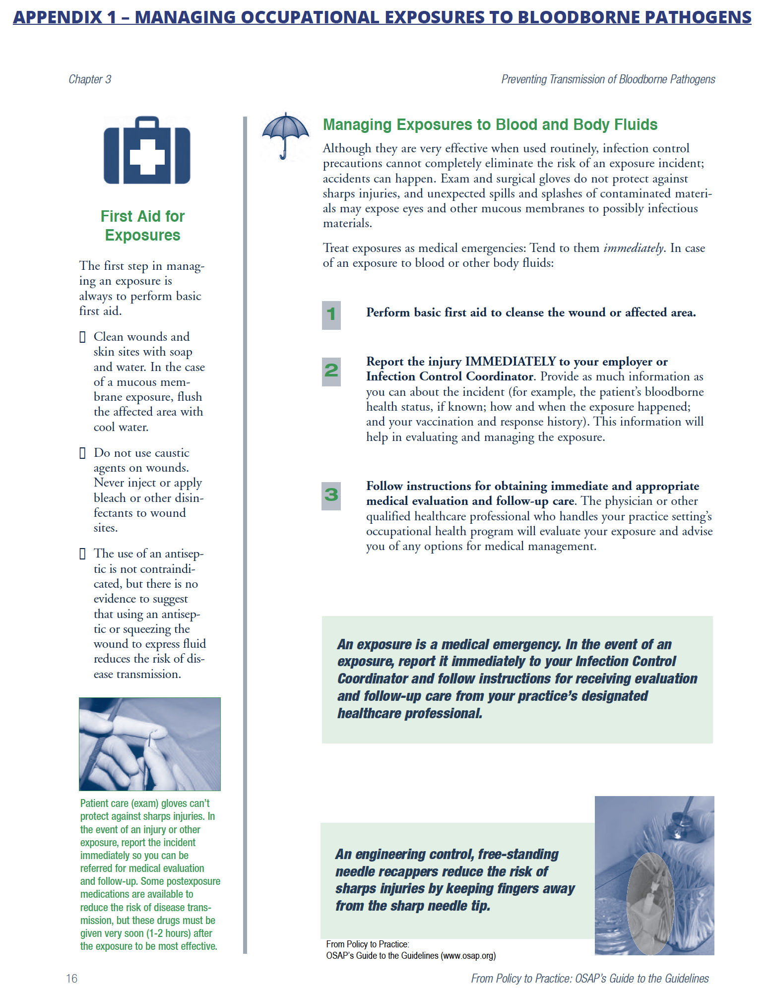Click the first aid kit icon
(147, 150)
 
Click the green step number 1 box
(331, 314)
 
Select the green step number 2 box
(331, 371)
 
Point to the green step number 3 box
(331, 495)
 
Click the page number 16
(71, 978)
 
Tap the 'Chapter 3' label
(90, 79)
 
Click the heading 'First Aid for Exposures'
(142, 226)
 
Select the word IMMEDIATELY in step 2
(510, 362)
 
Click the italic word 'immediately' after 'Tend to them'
(633, 248)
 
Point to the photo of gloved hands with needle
(149, 743)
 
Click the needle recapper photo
(654, 875)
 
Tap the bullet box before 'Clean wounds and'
(82, 337)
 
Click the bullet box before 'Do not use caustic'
(82, 453)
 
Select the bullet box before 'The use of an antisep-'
(82, 554)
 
